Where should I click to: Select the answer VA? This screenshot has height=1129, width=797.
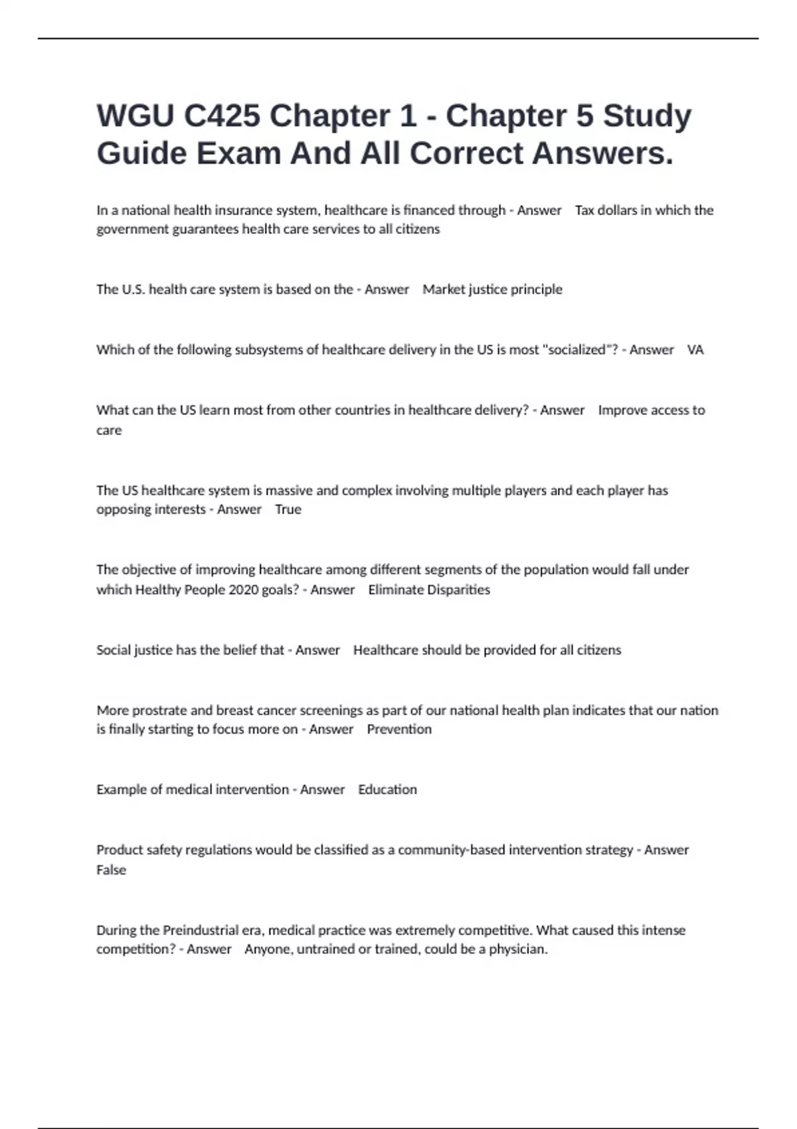click(x=695, y=350)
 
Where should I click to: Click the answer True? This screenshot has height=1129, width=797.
click(x=288, y=509)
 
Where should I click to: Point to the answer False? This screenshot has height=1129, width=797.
click(x=111, y=870)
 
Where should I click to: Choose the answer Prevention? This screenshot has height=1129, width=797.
click(x=399, y=729)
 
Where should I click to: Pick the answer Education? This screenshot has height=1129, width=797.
click(x=387, y=790)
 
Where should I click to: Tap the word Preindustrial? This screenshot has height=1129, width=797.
click(x=201, y=930)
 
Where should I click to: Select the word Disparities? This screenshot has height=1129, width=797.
click(x=458, y=590)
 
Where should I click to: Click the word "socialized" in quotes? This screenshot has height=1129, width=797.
click(x=575, y=350)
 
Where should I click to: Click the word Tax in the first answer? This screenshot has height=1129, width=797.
click(x=584, y=211)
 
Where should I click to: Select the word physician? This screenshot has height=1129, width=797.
click(x=518, y=949)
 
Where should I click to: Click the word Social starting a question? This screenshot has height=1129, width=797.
click(x=114, y=650)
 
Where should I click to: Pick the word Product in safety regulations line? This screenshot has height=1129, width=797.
click(x=118, y=850)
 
